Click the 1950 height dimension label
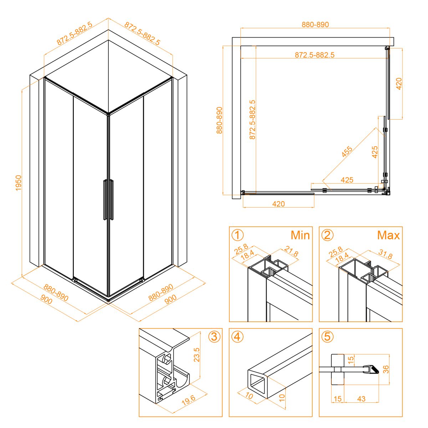coord(18,183)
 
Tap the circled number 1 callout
coord(238,235)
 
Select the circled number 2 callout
coord(327,235)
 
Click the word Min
coord(300,235)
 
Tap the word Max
coord(388,235)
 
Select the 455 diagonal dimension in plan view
coord(347,152)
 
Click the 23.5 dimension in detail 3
coord(197,355)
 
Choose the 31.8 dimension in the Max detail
coord(386,254)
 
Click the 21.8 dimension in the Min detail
coord(291,252)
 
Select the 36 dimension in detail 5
coord(386,369)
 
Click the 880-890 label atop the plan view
coord(315,25)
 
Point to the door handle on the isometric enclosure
coord(108,199)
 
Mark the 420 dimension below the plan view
coord(278,204)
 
